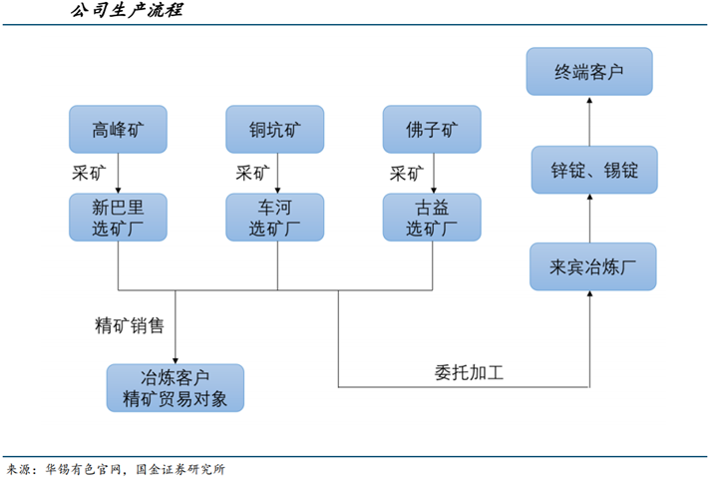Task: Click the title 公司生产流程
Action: coord(126,12)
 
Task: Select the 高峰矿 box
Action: coord(118,129)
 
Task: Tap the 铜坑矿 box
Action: coord(275,129)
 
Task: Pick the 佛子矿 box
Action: coord(433,129)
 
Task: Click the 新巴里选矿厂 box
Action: coord(118,217)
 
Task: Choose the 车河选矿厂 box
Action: coord(275,217)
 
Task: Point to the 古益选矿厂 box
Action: coord(433,217)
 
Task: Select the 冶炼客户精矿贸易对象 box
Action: coord(176,388)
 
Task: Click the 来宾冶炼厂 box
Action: coord(592,266)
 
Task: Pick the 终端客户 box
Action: coord(592,72)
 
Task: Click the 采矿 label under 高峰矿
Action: coord(89,172)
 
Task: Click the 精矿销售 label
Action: coord(130,325)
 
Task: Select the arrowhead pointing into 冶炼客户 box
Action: coord(176,358)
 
